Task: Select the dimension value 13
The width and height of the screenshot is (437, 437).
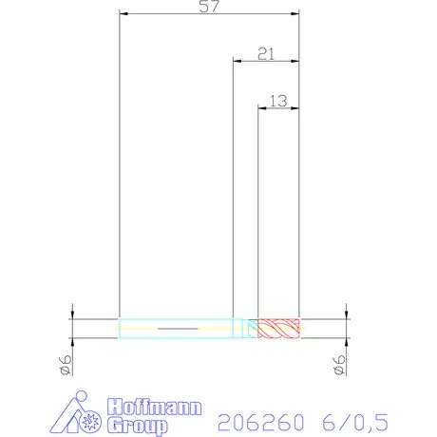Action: tap(277, 99)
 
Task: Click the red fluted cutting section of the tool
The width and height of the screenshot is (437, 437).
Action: tap(279, 329)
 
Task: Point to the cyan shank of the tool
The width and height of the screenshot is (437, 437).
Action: tap(176, 329)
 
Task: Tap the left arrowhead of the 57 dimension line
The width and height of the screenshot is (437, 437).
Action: tap(123, 14)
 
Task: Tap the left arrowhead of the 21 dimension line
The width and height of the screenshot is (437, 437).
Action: tap(237, 60)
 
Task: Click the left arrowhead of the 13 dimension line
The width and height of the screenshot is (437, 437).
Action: tap(262, 104)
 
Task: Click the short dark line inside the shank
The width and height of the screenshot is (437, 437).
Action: tap(175, 329)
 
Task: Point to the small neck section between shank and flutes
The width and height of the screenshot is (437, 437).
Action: tap(253, 329)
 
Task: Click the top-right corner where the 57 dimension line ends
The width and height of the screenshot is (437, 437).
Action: tap(299, 14)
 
